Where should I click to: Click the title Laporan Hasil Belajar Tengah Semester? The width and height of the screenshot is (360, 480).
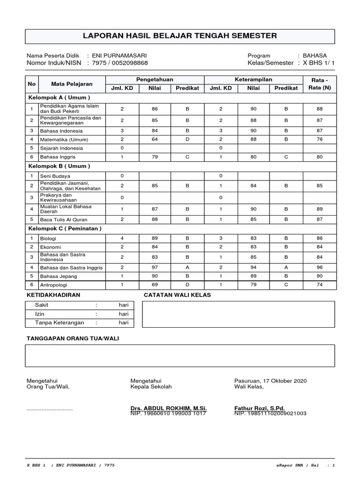tap(180, 36)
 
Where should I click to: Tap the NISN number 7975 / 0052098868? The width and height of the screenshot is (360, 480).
tap(120, 63)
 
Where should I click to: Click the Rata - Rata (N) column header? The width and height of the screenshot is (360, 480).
tap(320, 84)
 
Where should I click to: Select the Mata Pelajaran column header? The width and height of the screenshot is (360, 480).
tap(72, 84)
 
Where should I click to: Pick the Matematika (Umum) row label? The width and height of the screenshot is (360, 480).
tap(64, 140)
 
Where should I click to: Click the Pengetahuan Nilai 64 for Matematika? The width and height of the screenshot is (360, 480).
tap(155, 139)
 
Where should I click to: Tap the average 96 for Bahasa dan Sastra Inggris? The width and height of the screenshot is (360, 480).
tap(320, 267)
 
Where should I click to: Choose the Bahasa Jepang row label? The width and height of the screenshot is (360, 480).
tap(60, 276)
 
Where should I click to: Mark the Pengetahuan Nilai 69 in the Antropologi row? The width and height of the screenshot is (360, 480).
tap(155, 285)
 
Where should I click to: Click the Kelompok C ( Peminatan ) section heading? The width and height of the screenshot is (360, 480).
tap(65, 228)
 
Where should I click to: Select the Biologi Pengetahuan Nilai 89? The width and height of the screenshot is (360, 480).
tap(155, 238)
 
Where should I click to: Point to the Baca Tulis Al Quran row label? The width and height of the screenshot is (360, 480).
tap(64, 219)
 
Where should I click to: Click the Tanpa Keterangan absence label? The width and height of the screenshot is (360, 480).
tap(60, 322)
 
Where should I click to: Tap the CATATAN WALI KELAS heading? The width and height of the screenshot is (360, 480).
tap(177, 295)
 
